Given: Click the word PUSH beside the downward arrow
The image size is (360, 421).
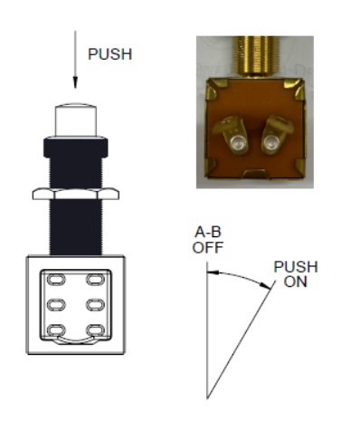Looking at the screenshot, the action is pyautogui.click(x=110, y=54).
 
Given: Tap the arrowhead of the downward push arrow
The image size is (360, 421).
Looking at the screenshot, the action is pyautogui.click(x=75, y=82).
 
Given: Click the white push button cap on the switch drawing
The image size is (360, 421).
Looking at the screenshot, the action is pyautogui.click(x=76, y=120).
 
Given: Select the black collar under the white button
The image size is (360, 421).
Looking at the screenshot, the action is pyautogui.click(x=76, y=148).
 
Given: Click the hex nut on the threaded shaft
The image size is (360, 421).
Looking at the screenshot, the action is pyautogui.click(x=76, y=194).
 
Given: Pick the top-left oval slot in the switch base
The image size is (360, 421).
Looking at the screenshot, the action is pyautogui.click(x=56, y=279).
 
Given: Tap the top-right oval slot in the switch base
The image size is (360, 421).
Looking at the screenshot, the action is pyautogui.click(x=96, y=279).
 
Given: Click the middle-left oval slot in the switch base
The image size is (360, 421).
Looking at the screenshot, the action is pyautogui.click(x=56, y=305).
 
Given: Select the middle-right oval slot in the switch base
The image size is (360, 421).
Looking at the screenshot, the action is pyautogui.click(x=96, y=305).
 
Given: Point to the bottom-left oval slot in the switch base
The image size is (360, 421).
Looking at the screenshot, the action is pyautogui.click(x=56, y=330).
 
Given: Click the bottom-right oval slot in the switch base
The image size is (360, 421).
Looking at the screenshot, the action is pyautogui.click(x=96, y=330).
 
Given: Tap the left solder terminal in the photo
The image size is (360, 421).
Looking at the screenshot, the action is pyautogui.click(x=232, y=134).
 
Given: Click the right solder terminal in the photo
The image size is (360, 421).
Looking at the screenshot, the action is pyautogui.click(x=275, y=134).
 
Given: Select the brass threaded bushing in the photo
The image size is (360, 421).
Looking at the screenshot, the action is pyautogui.click(x=256, y=56).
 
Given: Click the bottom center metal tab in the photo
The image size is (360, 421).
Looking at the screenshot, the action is pyautogui.click(x=256, y=174).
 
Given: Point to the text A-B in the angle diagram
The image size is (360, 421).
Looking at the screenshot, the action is pyautogui.click(x=208, y=232).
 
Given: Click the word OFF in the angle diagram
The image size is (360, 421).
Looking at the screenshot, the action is pyautogui.click(x=208, y=247).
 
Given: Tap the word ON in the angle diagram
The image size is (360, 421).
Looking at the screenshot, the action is pyautogui.click(x=295, y=282).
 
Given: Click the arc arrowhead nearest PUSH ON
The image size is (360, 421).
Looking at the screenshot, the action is pyautogui.click(x=265, y=285).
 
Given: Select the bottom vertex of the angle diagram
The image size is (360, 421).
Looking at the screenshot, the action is pyautogui.click(x=207, y=399).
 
